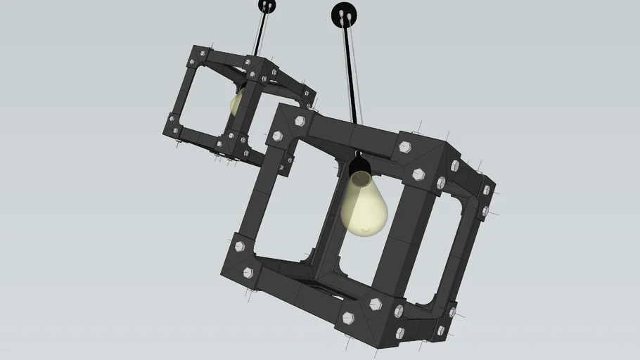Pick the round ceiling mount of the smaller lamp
point(267,6)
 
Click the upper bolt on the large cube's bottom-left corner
point(239,247)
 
